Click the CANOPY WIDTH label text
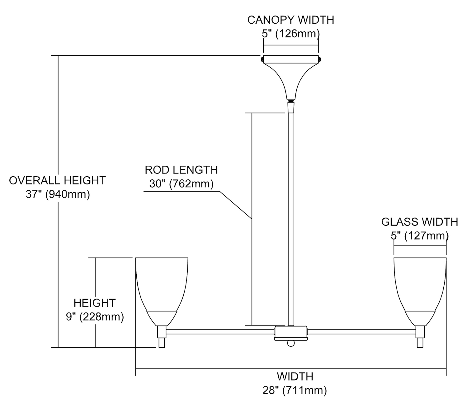pyautogui.click(x=290, y=20)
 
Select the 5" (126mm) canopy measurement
pyautogui.click(x=290, y=33)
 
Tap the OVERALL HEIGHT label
pyautogui.click(x=57, y=181)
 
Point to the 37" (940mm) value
pyautogui.click(x=58, y=195)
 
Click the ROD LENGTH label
pyautogui.click(x=181, y=170)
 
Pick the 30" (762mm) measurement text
pyautogui.click(x=181, y=184)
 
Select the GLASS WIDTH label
pyautogui.click(x=419, y=222)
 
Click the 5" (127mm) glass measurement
pyautogui.click(x=419, y=236)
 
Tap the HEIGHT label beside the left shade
pyautogui.click(x=95, y=303)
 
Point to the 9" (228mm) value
pyautogui.click(x=95, y=317)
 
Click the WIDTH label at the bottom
pyautogui.click(x=295, y=377)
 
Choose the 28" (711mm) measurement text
pyautogui.click(x=295, y=390)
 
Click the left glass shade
pyautogui.click(x=162, y=286)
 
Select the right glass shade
pyautogui.click(x=420, y=286)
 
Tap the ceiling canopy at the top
pyautogui.click(x=291, y=75)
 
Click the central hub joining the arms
pyautogui.click(x=291, y=333)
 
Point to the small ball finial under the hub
pyautogui.click(x=291, y=343)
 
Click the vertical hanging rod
pyautogui.click(x=291, y=218)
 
